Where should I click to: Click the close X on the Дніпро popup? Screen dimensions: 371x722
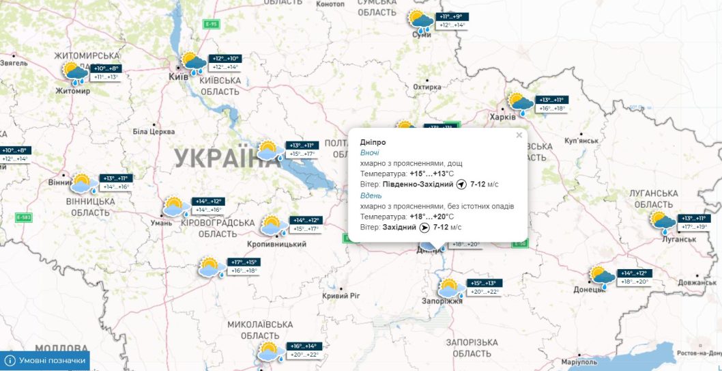pyautogui.click(x=519, y=135)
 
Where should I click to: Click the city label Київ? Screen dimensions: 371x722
pyautogui.click(x=178, y=77)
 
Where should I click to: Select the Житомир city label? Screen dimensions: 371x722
pyautogui.click(x=73, y=90)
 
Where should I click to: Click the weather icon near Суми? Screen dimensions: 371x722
pyautogui.click(x=420, y=22)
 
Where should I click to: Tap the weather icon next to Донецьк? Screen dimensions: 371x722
pyautogui.click(x=603, y=277)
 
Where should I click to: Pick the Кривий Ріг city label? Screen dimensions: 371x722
pyautogui.click(x=340, y=296)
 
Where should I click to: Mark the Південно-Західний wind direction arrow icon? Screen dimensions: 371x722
pyautogui.click(x=461, y=184)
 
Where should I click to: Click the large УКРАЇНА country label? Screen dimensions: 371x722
pyautogui.click(x=222, y=159)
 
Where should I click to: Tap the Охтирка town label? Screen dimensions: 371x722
pyautogui.click(x=427, y=87)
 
